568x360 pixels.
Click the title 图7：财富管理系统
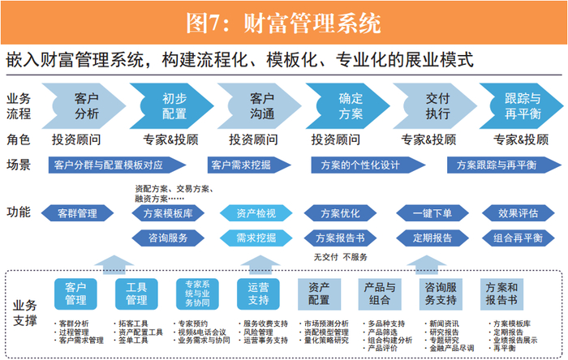tap(283, 23)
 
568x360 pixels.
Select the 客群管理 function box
tap(77, 213)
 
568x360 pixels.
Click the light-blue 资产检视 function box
tap(256, 213)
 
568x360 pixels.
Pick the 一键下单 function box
tap(432, 213)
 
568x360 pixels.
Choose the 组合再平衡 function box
tap(518, 238)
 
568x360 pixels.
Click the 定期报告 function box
tap(432, 238)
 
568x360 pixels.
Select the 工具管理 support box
tap(136, 294)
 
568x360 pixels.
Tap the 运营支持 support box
tap(258, 294)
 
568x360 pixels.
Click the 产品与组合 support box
tap(380, 294)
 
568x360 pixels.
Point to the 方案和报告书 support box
tap(501, 294)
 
